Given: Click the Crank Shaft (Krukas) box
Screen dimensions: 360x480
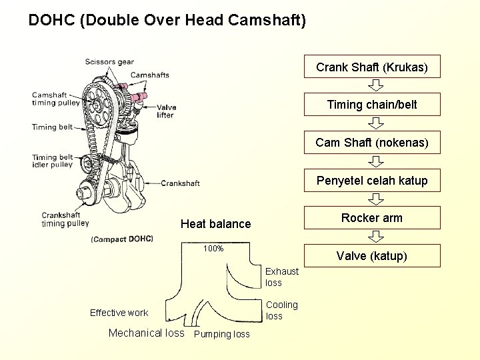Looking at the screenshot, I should [x=371, y=67].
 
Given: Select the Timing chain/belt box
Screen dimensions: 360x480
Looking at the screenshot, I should [x=371, y=104].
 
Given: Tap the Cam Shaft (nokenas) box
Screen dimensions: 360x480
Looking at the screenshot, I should [x=371, y=142].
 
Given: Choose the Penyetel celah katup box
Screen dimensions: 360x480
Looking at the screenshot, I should [x=371, y=180].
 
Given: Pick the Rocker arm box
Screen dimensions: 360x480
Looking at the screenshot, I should [x=371, y=218].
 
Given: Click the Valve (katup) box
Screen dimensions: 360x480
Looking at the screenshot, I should [x=371, y=255].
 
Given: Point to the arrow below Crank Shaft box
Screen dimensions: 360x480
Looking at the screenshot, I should [x=376, y=85].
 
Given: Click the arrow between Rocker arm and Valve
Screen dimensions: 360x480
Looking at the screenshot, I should [x=376, y=237].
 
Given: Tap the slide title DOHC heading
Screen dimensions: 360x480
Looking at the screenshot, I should [x=167, y=20].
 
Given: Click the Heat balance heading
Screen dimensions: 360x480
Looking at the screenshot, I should [x=215, y=224].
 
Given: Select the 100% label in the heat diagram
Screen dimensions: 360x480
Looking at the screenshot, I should [x=213, y=249].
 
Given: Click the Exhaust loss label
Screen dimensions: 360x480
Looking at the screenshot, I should [x=282, y=277].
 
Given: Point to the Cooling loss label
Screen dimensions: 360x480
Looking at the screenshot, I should [x=282, y=310].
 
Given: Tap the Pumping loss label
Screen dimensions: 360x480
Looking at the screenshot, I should [x=221, y=334].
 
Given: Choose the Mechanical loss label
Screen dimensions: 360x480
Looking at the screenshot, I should [x=146, y=333].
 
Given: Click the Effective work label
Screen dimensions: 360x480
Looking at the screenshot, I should [x=119, y=313].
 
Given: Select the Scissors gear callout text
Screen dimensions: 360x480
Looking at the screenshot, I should [x=109, y=62].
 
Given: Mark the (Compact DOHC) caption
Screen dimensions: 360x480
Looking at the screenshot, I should [x=122, y=239].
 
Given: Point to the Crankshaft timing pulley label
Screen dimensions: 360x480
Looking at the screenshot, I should [x=65, y=219].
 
